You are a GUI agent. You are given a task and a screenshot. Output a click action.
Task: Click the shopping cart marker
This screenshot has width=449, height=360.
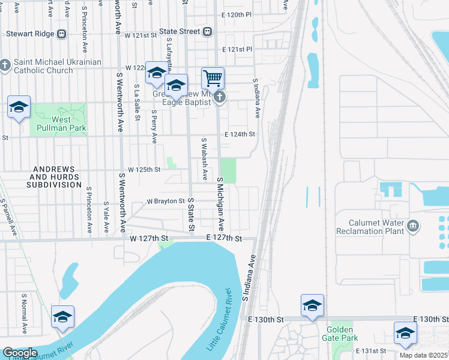(x=212, y=78)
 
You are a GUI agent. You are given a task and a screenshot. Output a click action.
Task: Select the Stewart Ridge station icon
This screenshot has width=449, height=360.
(x=61, y=34)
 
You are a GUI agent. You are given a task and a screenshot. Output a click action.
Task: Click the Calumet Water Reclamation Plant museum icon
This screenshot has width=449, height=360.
(x=412, y=226)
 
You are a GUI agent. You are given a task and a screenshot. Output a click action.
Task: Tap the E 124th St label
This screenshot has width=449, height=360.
(x=240, y=134)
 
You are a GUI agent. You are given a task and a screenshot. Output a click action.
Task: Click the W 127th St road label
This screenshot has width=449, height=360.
(x=148, y=238)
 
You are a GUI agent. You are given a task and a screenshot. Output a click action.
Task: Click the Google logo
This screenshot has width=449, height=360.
(x=20, y=353)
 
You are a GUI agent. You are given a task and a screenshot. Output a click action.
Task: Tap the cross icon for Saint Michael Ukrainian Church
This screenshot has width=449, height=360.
(x=5, y=65)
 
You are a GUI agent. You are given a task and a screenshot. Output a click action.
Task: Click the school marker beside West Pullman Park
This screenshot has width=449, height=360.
(x=19, y=107)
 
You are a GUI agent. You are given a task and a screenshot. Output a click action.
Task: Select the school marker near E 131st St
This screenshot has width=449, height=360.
(x=405, y=333)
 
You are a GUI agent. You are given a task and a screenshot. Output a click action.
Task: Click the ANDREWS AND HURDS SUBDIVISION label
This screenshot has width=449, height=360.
(x=53, y=177)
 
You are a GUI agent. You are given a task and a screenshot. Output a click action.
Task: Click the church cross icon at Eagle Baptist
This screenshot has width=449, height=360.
(x=220, y=97)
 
